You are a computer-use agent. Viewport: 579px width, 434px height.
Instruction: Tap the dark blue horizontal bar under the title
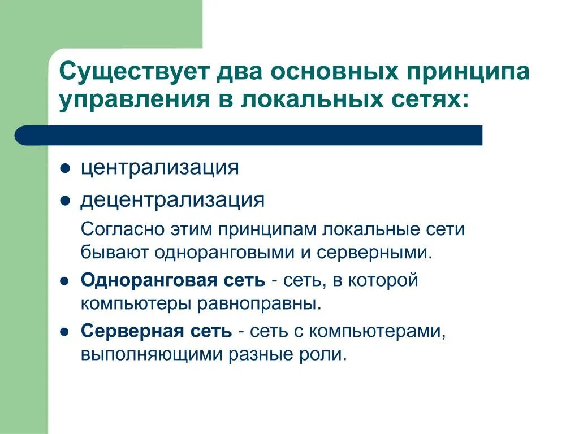(249, 135)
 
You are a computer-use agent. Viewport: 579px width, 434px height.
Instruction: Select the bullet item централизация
(159, 168)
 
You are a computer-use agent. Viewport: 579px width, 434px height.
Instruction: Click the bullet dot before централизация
(65, 170)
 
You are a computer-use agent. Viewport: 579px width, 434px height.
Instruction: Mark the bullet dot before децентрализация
(65, 201)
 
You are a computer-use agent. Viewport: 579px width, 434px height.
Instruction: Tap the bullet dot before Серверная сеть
(65, 332)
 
